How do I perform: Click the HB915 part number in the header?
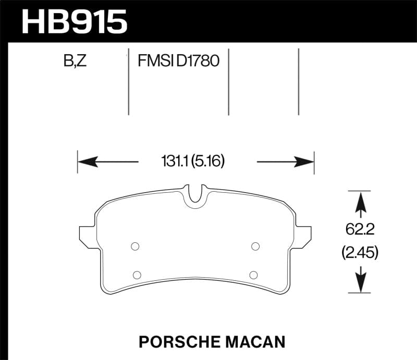point(74,22)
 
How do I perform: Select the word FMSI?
point(155,61)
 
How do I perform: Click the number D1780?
point(198,61)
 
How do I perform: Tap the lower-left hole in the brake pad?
point(137,275)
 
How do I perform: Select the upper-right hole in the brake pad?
point(255,246)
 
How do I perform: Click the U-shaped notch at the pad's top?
point(196,194)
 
